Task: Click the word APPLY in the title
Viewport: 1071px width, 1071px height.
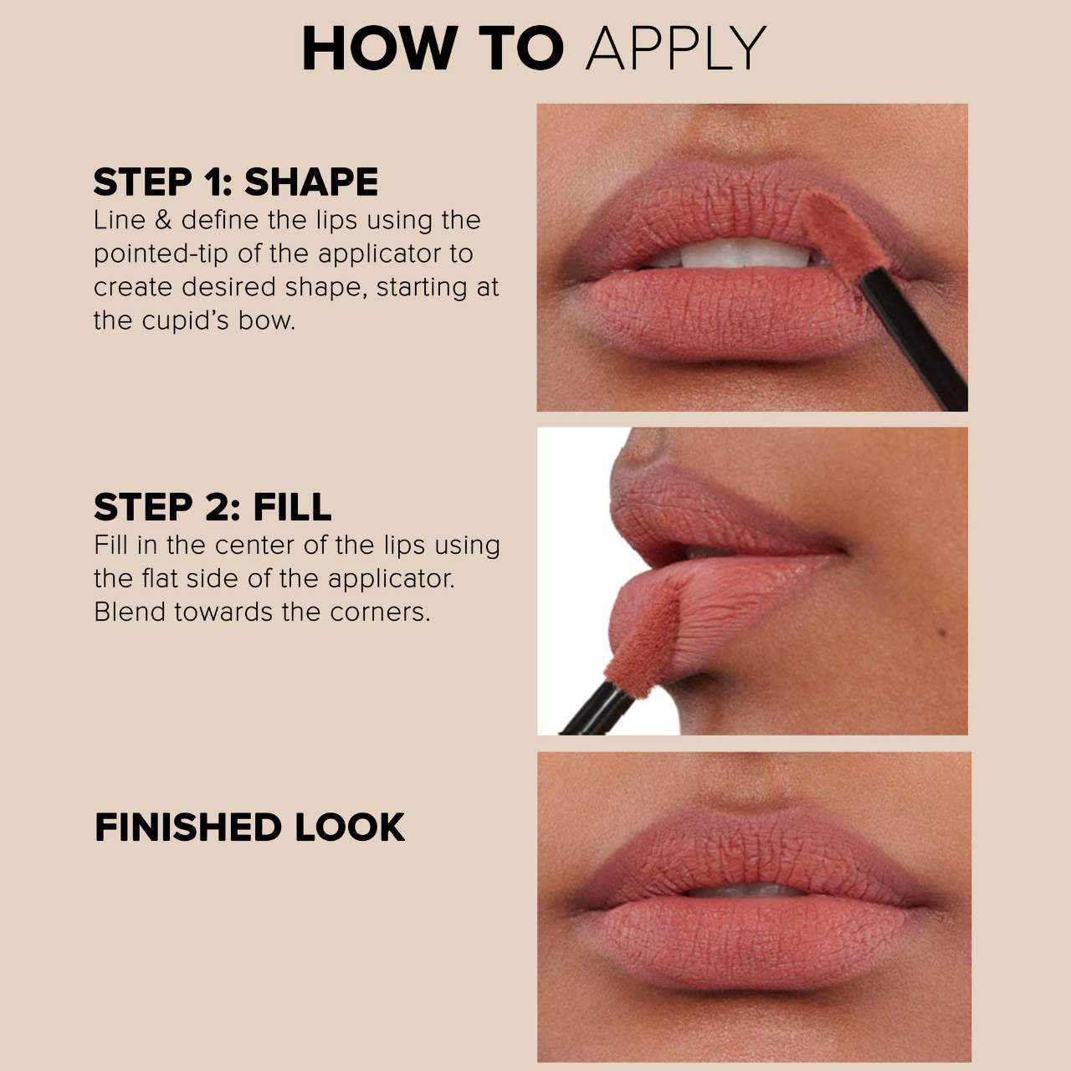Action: [676, 49]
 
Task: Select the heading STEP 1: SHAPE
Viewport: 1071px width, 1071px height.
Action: [235, 182]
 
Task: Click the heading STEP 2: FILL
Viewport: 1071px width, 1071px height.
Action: [213, 507]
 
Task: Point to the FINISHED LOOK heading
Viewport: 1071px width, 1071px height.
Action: [249, 828]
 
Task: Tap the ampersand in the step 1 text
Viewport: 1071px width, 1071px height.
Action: [163, 220]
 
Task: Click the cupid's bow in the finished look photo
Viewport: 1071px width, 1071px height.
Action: [752, 825]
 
